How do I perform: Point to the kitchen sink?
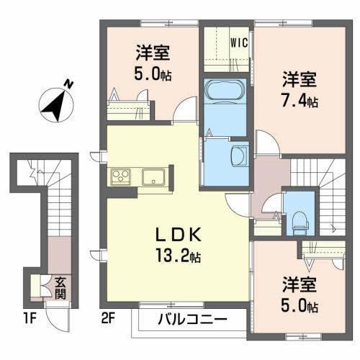(x=154, y=177)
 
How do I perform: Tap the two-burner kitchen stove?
(x=120, y=177)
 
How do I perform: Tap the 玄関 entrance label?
(x=60, y=288)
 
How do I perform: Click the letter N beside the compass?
(x=68, y=84)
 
